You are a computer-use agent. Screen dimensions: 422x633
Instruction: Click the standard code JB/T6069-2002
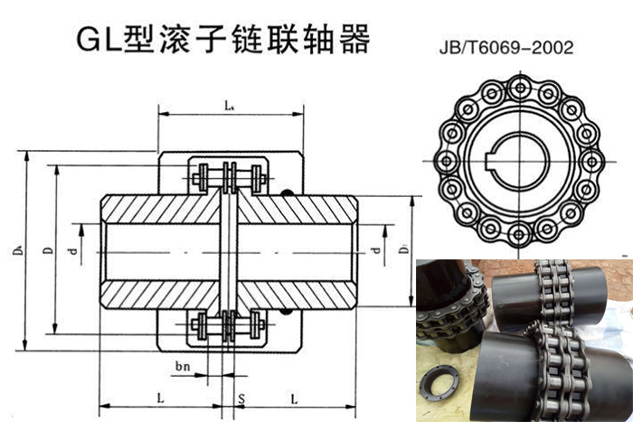[x=517, y=48]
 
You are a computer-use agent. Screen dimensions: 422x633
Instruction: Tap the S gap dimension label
[x=241, y=399]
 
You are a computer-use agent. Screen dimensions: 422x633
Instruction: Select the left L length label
[x=159, y=399]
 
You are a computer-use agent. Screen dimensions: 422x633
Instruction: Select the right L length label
[x=295, y=399]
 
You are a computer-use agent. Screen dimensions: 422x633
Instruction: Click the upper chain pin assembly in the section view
[x=228, y=176]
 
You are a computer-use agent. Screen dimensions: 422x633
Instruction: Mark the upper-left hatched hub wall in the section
[x=163, y=210]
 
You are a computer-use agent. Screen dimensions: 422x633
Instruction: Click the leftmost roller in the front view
[x=445, y=162]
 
